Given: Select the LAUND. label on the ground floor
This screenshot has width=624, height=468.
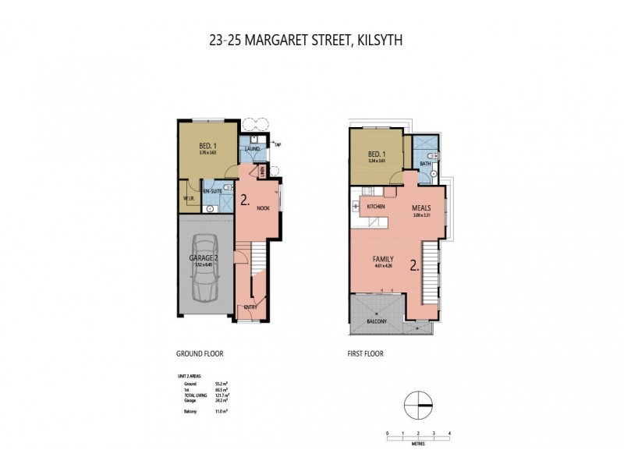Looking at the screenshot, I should [x=253, y=148].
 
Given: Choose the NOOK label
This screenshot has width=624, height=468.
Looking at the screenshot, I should [x=262, y=208].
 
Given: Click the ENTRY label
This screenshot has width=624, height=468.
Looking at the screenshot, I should [x=250, y=307].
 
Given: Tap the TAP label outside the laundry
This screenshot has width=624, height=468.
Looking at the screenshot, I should [x=277, y=144].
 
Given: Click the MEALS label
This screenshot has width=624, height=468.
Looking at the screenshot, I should [x=421, y=207].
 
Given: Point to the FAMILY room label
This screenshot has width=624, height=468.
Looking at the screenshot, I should [x=382, y=258].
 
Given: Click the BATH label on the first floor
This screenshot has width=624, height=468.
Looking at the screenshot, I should [x=425, y=164].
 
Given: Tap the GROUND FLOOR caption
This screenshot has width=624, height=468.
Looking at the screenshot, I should [x=200, y=353].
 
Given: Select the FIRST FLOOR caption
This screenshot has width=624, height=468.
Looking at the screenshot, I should [x=366, y=353].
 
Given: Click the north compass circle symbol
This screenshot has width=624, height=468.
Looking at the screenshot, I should [x=419, y=404].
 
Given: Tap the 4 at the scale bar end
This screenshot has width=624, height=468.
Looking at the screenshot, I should [x=450, y=432].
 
